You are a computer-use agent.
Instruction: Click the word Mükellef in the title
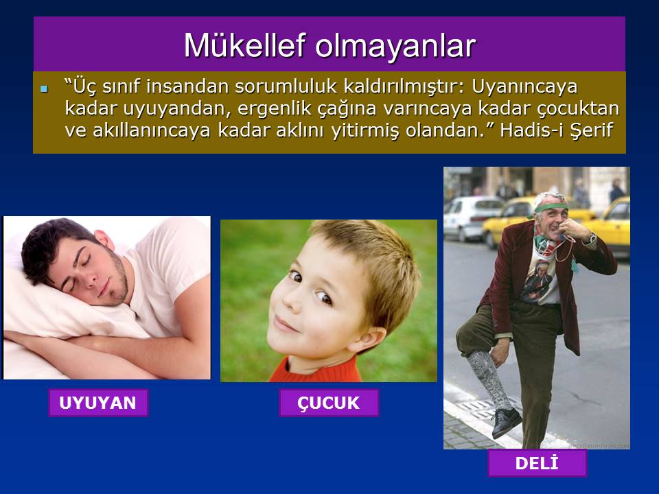(244, 45)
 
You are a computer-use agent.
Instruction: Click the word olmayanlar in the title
(395, 46)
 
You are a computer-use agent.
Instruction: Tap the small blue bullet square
(44, 89)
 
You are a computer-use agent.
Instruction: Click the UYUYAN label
(98, 403)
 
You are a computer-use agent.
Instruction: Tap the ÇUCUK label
(329, 403)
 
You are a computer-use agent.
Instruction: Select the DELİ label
(537, 463)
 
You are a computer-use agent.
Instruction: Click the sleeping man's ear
(104, 240)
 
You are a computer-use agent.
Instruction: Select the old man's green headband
(549, 209)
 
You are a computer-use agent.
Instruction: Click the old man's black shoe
(507, 421)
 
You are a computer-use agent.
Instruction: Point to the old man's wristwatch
(592, 239)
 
